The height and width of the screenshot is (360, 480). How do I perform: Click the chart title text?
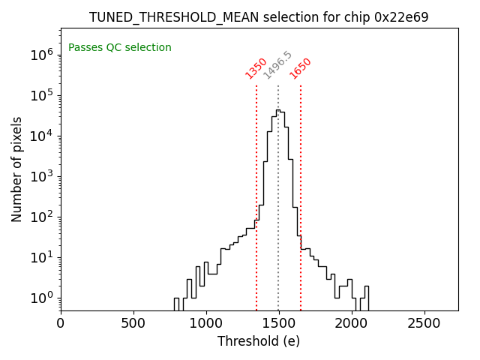click(259, 17)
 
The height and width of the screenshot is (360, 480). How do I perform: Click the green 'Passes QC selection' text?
click(120, 48)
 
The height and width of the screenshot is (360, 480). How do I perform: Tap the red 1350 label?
click(256, 68)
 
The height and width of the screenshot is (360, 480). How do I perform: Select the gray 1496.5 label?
click(277, 65)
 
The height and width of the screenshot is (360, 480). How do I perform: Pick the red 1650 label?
click(301, 68)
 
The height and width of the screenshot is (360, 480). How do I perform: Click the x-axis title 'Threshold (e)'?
click(259, 341)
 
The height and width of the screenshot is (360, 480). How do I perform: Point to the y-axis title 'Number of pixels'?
click(17, 169)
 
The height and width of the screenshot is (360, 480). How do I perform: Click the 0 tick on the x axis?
click(61, 322)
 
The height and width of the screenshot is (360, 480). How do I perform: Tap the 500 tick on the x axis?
click(133, 322)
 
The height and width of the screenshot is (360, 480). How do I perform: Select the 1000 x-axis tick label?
click(206, 322)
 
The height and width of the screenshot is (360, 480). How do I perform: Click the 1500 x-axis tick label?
click(279, 322)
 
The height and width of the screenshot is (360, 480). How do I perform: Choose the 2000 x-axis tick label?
click(352, 322)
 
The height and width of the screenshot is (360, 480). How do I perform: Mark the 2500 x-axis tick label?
click(424, 322)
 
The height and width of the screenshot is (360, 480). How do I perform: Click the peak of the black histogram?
click(277, 110)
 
